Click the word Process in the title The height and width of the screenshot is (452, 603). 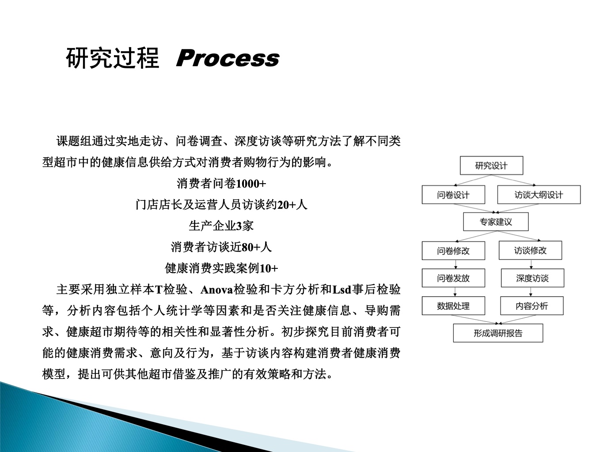228,58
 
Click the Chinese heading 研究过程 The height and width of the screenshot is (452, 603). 113,58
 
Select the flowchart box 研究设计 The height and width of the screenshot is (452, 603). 492,166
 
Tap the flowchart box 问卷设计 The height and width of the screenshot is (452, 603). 453,195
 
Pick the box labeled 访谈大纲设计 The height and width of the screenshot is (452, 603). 539,195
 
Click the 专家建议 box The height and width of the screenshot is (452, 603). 496,222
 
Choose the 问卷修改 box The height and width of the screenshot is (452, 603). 453,251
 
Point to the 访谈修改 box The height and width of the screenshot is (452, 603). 531,250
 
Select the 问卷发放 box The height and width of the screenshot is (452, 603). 453,278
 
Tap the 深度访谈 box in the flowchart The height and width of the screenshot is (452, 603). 533,278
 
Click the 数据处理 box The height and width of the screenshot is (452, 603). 453,306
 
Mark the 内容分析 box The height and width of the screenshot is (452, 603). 532,306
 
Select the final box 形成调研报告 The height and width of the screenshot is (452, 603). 498,333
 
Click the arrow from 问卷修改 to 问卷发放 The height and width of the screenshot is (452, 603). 456,264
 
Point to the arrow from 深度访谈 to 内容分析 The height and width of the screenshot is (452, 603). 531,292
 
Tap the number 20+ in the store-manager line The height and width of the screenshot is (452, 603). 286,205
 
